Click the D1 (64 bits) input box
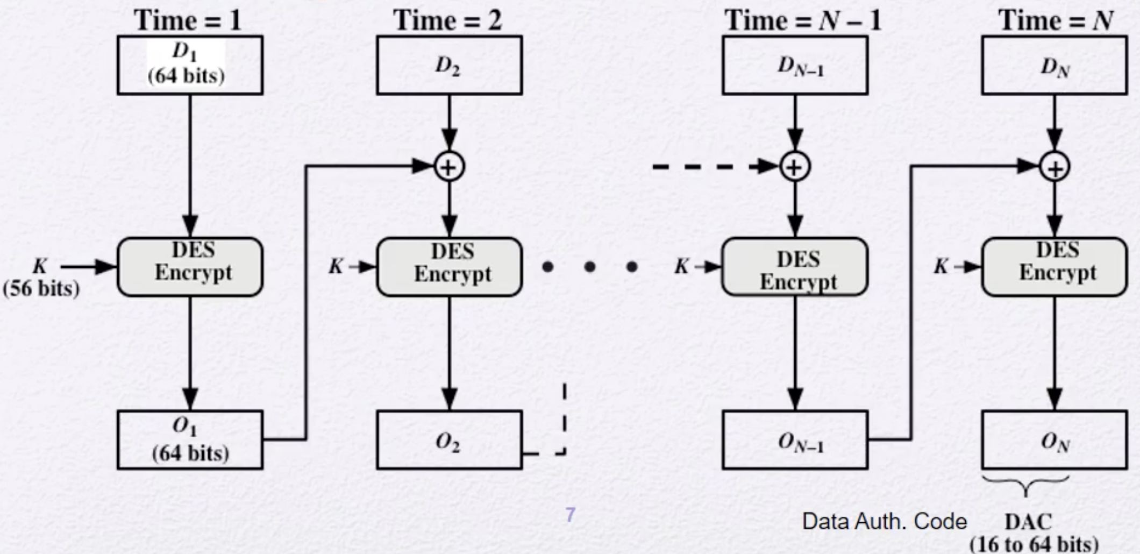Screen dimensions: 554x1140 click(190, 65)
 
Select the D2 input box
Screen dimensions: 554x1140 click(449, 65)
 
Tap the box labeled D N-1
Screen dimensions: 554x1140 click(795, 65)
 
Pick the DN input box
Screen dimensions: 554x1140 click(1054, 65)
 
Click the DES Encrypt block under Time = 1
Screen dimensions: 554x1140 click(190, 267)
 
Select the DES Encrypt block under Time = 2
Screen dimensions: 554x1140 click(449, 267)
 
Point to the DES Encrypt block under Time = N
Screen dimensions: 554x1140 click(1054, 267)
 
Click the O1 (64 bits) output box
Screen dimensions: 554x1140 click(190, 440)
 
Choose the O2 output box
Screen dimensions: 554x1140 click(449, 440)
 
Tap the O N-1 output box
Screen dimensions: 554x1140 click(795, 440)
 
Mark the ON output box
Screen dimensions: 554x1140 click(1054, 440)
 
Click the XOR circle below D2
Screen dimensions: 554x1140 click(449, 167)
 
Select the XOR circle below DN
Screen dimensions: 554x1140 click(1054, 168)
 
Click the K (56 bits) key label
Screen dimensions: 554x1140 click(40, 277)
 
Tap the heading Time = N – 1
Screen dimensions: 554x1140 click(802, 20)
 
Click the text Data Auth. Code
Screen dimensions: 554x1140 click(884, 521)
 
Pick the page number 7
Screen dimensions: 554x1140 click(570, 515)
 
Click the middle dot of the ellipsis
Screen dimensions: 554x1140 click(590, 266)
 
